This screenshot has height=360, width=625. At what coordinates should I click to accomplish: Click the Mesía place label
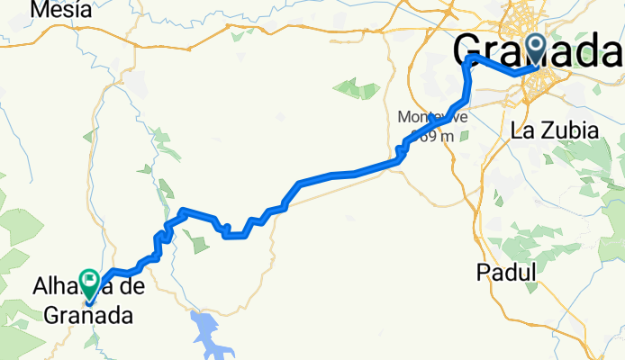pyautogui.click(x=60, y=10)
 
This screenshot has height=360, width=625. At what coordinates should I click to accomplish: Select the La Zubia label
pyautogui.click(x=554, y=130)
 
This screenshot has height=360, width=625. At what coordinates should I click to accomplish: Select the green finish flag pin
pyautogui.click(x=90, y=283)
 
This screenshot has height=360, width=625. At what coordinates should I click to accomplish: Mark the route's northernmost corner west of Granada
pyautogui.click(x=469, y=58)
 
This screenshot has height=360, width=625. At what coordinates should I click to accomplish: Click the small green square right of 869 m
pyautogui.click(x=464, y=135)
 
